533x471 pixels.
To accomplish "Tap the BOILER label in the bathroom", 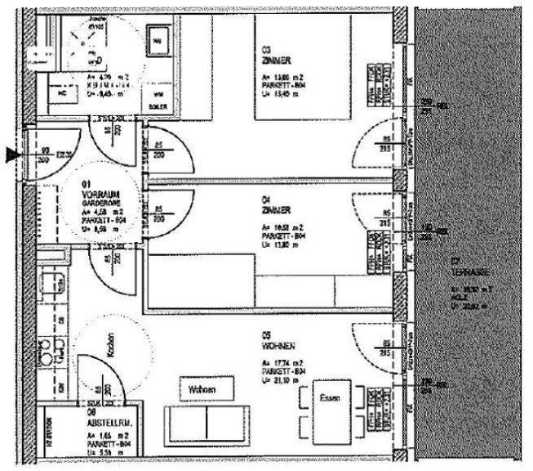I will (158, 106).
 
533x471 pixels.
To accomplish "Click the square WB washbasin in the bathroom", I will (158, 38).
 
